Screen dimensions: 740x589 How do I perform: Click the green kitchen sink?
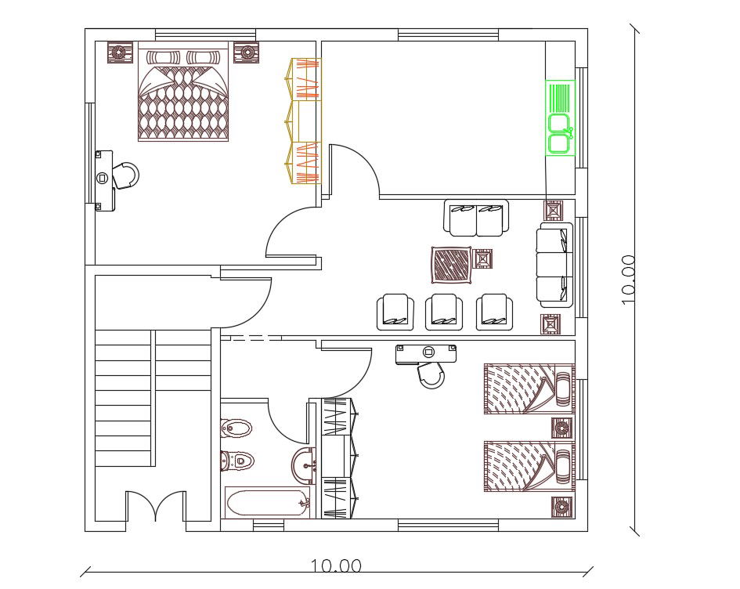560,117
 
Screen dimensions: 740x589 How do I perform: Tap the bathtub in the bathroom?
267,503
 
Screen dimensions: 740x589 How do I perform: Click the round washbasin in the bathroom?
303,466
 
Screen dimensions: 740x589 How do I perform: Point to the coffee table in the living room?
452,265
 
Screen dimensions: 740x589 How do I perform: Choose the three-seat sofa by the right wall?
555,265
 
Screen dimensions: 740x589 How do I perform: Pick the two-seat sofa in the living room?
476,218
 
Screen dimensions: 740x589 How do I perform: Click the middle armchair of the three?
444,312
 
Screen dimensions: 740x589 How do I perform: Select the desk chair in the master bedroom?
126,175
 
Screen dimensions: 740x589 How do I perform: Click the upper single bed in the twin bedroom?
529,389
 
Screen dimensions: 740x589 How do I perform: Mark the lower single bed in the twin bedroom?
529,467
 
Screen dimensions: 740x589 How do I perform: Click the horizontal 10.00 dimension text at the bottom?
336,566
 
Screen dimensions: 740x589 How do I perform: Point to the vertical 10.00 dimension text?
629,280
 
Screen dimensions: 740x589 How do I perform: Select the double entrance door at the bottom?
156,506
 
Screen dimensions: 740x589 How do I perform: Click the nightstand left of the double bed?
121,52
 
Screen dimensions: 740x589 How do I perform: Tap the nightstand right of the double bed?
247,52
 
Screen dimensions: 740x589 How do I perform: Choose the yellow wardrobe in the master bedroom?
304,121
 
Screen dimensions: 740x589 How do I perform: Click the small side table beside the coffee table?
482,258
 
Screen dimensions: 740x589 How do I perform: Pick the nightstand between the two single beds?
562,428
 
